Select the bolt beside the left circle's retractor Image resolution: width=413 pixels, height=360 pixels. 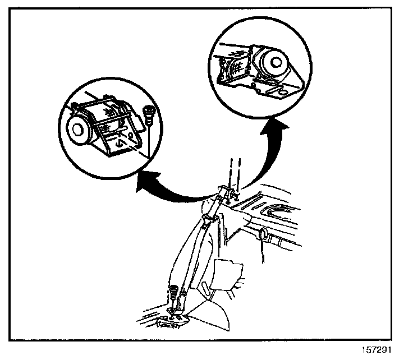click(x=149, y=115)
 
